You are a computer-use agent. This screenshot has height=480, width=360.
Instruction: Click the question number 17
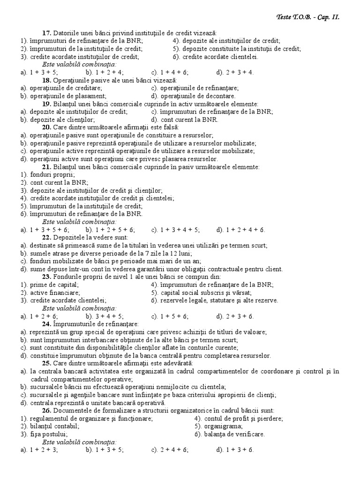coord(46,33)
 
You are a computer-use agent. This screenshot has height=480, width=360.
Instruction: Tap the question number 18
coord(46,80)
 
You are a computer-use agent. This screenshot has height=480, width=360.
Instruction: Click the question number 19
coord(46,104)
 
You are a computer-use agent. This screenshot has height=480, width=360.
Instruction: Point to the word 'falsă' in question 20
coord(170,127)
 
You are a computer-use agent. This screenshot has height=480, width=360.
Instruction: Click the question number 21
coord(46,166)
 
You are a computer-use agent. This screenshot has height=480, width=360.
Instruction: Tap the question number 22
coord(46,237)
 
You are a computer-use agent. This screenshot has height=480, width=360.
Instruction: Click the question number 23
coord(46,277)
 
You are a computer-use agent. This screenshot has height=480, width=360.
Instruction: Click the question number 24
coord(46,324)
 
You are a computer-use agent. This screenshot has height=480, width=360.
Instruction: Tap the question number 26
coord(46,410)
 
